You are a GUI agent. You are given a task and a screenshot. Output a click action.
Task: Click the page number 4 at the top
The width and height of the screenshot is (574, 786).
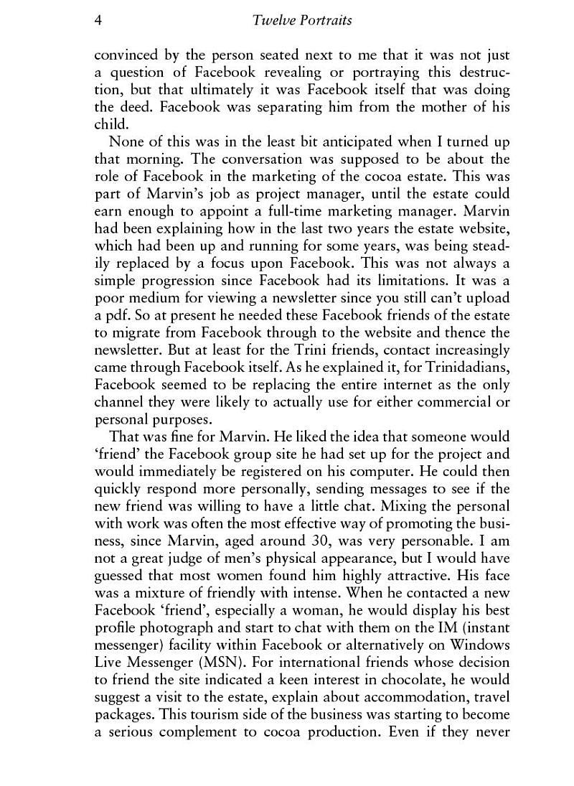pyautogui.click(x=98, y=20)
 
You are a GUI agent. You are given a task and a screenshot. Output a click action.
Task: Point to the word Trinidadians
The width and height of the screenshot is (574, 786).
pyautogui.click(x=469, y=368)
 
